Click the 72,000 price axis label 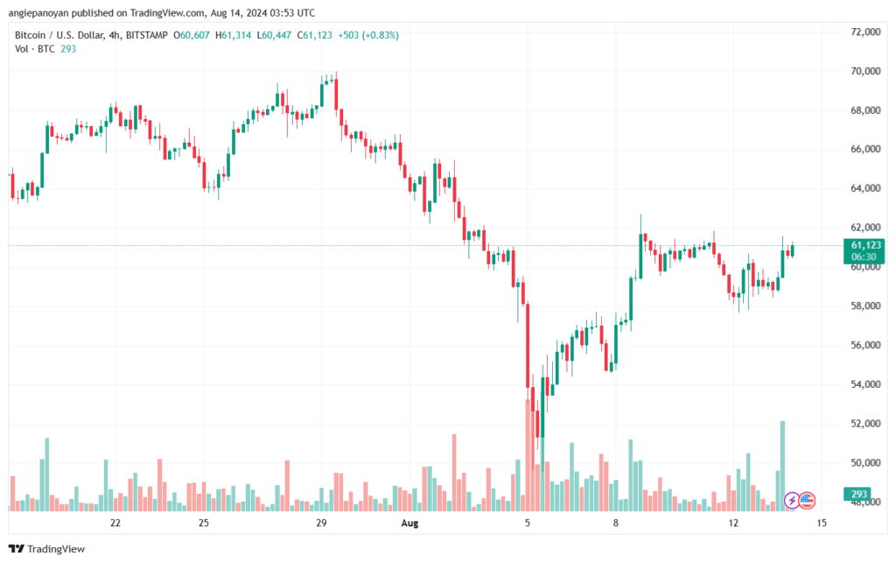click(x=864, y=32)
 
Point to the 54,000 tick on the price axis click(x=864, y=384)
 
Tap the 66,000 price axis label click(x=864, y=150)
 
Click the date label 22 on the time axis click(x=115, y=523)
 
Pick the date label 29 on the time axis click(x=321, y=523)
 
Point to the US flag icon click(x=807, y=500)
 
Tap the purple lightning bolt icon click(x=792, y=500)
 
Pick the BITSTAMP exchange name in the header click(x=144, y=35)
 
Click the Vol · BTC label click(x=34, y=50)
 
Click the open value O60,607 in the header click(x=192, y=35)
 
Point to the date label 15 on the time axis click(x=822, y=523)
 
